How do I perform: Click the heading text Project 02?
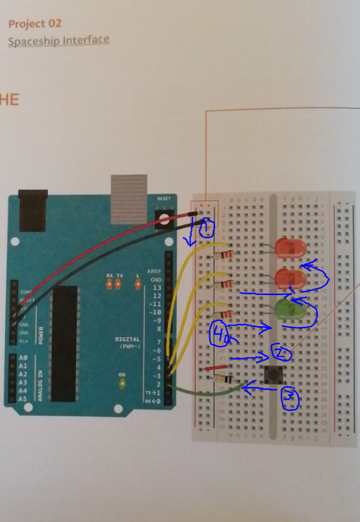(x=35, y=23)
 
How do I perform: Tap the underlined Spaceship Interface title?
(x=59, y=40)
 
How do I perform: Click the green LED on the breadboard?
(x=289, y=310)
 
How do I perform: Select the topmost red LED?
(x=290, y=249)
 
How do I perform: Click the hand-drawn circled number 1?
(x=205, y=230)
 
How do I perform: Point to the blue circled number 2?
(x=282, y=353)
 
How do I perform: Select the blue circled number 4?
(x=220, y=333)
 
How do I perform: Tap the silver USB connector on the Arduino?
(x=129, y=197)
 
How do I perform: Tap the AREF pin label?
(x=155, y=270)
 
